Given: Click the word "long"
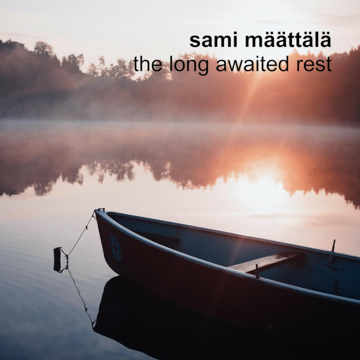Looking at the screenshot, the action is [x=189, y=65].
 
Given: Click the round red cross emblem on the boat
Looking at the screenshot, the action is [x=116, y=248].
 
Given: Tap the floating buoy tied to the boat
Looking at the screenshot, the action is [x=57, y=260].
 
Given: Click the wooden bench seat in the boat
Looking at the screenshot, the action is [x=266, y=262].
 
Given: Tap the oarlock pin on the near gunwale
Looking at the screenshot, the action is [x=257, y=271].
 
